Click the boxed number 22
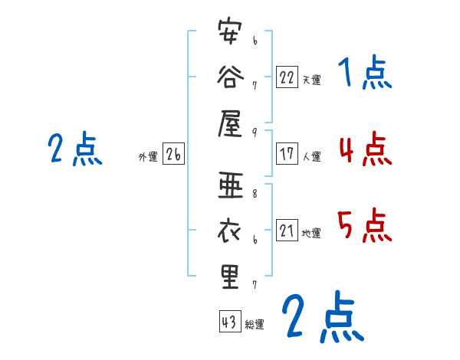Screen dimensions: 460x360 287,77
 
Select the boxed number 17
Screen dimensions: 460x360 287,154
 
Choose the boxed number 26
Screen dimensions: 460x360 173,155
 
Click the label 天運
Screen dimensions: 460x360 311,80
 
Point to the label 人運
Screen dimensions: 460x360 311,156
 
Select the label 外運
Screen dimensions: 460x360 148,157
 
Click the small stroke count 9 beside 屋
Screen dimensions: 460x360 254,131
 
